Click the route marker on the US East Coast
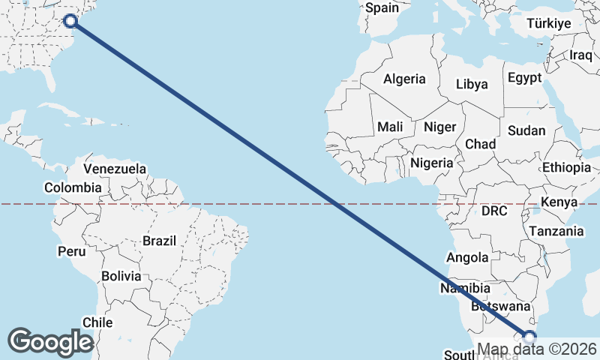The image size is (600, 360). tap(70, 21)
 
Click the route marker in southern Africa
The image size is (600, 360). tap(530, 337)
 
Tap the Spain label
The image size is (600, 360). tap(382, 8)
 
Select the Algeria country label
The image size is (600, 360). tap(404, 79)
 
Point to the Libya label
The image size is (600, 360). tap(472, 84)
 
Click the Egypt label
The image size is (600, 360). tap(523, 78)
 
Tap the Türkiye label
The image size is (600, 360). tap(548, 23)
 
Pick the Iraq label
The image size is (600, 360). tap(581, 55)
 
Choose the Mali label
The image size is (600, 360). tap(390, 127)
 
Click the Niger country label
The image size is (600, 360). tap(439, 127)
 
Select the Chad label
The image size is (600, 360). tap(480, 143)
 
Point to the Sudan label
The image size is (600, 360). tap(526, 130)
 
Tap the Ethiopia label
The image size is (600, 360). tap(566, 167)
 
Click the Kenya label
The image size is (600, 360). tap(559, 202)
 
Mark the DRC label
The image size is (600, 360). tap(494, 211)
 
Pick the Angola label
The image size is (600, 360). tap(467, 258)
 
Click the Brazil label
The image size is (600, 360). tap(159, 241)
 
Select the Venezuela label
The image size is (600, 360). tap(115, 169)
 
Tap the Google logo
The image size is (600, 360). tap(50, 341)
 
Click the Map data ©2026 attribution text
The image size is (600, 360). tap(537, 349)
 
